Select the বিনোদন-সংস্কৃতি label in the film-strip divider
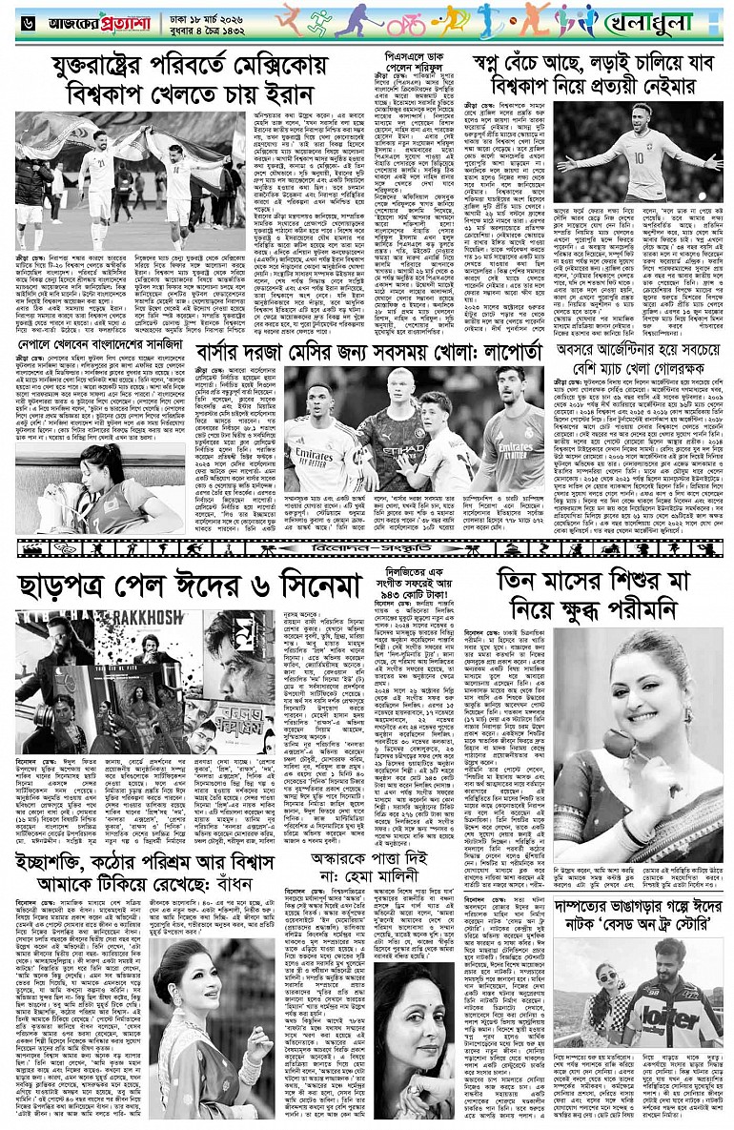(366, 549)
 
